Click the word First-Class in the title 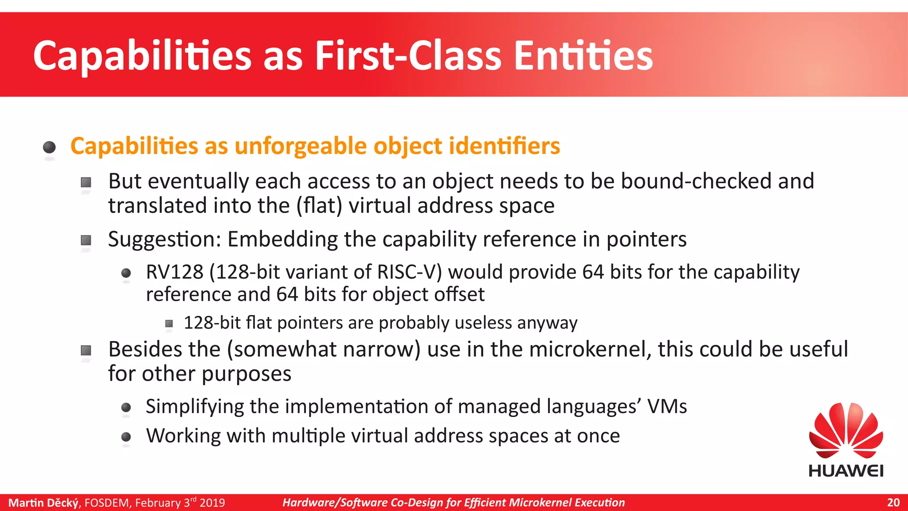(408, 56)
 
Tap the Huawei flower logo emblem (846, 430)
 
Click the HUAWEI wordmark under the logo (846, 471)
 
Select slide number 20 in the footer (893, 503)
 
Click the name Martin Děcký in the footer (43, 503)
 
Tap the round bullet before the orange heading (49, 147)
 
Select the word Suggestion (164, 240)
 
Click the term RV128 (174, 272)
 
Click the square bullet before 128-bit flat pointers (169, 324)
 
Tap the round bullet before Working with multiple (126, 437)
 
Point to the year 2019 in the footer (212, 503)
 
